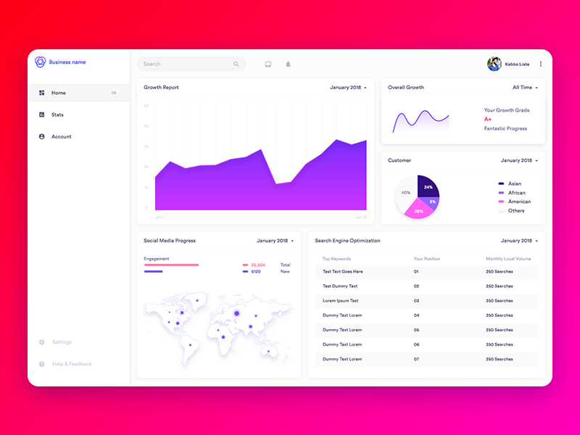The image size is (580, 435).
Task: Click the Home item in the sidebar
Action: click(58, 93)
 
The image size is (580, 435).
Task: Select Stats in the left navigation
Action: click(57, 115)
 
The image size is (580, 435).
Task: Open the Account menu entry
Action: click(61, 136)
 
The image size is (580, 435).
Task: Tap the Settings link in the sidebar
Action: click(62, 342)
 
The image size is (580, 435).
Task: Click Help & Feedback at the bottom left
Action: click(72, 364)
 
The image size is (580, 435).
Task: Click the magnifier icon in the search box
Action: click(236, 64)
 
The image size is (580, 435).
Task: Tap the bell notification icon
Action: click(288, 64)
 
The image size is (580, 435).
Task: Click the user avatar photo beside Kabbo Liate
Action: click(494, 64)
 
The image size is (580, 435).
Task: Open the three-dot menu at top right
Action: click(540, 64)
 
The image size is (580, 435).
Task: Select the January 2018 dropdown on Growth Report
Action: click(348, 87)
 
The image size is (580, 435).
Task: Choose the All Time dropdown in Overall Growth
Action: click(525, 87)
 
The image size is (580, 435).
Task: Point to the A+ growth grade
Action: click(488, 119)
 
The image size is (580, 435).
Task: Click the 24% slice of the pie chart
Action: click(428, 187)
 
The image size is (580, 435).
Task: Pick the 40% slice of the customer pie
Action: click(405, 193)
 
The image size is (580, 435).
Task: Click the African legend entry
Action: click(516, 193)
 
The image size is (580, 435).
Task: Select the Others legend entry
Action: click(515, 211)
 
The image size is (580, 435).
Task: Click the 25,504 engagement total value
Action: click(257, 265)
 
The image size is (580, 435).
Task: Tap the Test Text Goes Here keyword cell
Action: click(342, 272)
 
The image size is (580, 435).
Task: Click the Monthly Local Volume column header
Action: click(508, 259)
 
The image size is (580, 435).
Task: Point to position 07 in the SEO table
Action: click(416, 359)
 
